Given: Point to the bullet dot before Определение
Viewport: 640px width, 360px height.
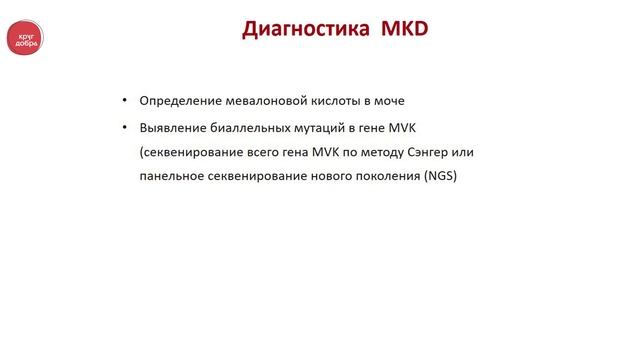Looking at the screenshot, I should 124,102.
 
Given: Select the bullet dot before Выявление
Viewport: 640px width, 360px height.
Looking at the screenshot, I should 124,128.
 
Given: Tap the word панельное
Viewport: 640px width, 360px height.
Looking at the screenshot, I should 174,177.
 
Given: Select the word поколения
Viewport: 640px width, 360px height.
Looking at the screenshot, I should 384,177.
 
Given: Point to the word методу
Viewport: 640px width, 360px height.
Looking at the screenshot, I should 373,152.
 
